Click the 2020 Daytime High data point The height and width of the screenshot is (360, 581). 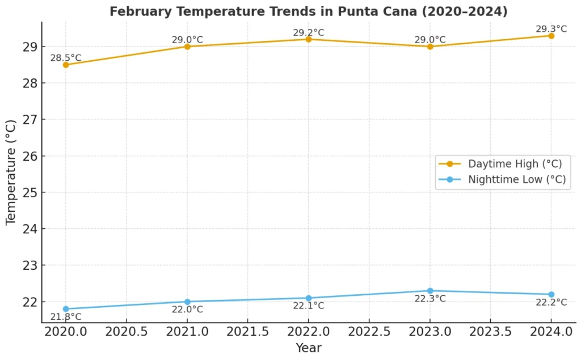click(x=66, y=65)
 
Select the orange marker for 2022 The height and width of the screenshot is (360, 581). click(x=309, y=39)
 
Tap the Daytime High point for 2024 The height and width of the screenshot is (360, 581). click(x=551, y=36)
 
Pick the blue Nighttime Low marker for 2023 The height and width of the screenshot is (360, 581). click(x=430, y=291)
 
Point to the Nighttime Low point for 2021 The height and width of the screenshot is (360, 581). click(x=187, y=302)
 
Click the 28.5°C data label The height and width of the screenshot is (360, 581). click(x=66, y=58)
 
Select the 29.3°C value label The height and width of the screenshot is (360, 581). click(x=551, y=29)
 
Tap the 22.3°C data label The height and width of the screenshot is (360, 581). click(x=430, y=299)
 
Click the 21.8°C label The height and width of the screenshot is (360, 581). click(x=66, y=317)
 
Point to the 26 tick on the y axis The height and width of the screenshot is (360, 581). click(x=28, y=156)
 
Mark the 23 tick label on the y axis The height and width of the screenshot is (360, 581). click(x=28, y=265)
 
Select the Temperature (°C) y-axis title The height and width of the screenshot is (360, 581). click(x=11, y=173)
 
